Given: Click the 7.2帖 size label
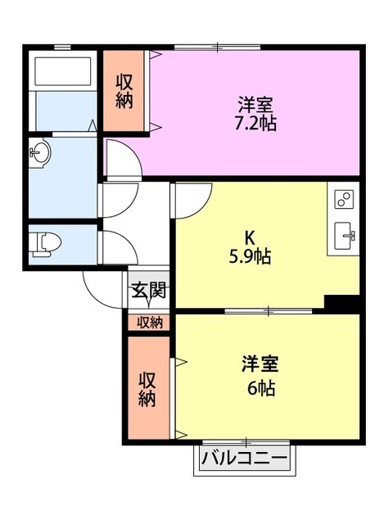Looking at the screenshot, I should (255, 124).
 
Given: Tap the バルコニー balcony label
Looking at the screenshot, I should (244, 458).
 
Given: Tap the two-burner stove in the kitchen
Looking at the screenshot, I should (345, 200).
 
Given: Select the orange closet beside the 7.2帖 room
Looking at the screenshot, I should (124, 91).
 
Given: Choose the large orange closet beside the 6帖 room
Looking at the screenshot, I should (147, 389).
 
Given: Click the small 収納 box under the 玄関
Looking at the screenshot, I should (149, 322).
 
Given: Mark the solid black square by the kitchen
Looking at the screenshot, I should (342, 302).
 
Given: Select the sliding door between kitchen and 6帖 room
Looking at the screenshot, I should (269, 311).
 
